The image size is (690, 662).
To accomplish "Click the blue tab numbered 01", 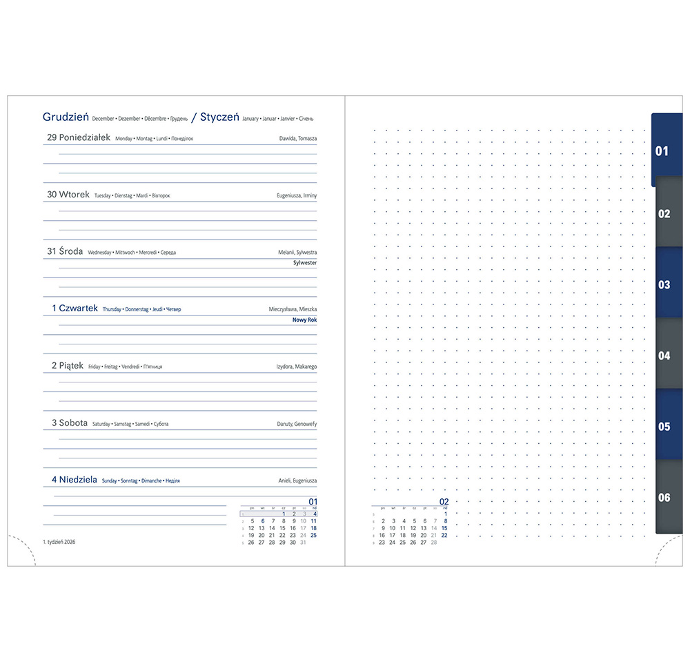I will click(663, 150).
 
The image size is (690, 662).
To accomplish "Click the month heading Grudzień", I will click(66, 117).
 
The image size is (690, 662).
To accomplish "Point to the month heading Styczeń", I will click(219, 117).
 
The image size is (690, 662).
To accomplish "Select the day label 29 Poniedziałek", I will click(79, 137).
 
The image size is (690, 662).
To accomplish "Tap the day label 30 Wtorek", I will click(68, 195).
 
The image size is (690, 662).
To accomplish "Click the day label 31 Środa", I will click(65, 251).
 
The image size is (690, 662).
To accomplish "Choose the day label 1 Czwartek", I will click(75, 309).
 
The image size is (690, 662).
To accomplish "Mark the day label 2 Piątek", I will click(68, 366).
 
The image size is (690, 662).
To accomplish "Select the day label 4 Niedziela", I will click(74, 480).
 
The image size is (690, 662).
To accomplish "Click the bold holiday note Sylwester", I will click(305, 263).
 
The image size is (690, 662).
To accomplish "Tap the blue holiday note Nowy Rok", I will click(304, 320).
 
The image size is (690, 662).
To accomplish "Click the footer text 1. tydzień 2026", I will click(59, 542).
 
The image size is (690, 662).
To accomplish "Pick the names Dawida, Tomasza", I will click(298, 139).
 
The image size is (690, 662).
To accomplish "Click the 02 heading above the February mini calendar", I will click(444, 502).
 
